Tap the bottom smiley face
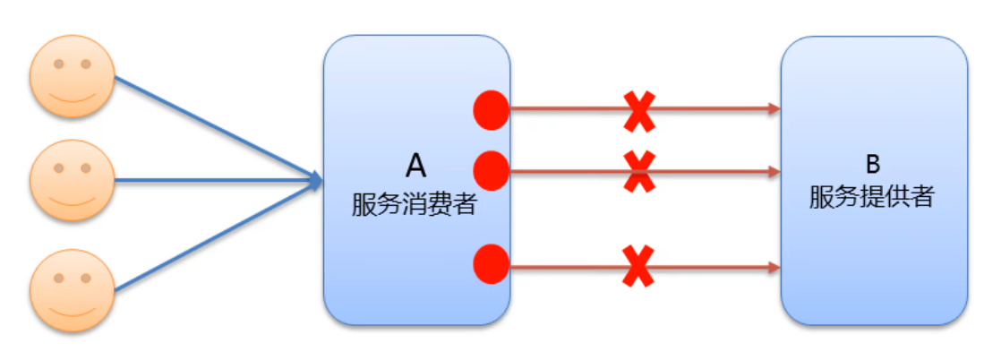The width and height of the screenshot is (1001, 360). click(73, 290)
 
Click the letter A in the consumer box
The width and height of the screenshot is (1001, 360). click(416, 165)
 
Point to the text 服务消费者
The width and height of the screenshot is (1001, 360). click(414, 204)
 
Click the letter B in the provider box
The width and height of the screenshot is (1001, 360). click(873, 164)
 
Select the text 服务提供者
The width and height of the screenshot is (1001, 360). click(872, 197)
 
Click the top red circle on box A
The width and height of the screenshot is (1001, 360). click(491, 110)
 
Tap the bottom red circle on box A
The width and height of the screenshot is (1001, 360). click(491, 264)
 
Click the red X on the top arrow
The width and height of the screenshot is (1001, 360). click(638, 110)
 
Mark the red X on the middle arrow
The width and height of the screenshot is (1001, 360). click(638, 170)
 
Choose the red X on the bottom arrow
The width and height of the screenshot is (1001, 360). click(638, 266)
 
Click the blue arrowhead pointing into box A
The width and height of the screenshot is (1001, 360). click(314, 181)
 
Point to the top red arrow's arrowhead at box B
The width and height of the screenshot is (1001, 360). click(774, 109)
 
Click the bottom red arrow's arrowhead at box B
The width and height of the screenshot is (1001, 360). click(774, 266)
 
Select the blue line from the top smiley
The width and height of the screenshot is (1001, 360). click(215, 127)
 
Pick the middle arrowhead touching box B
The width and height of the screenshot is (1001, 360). click(774, 170)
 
